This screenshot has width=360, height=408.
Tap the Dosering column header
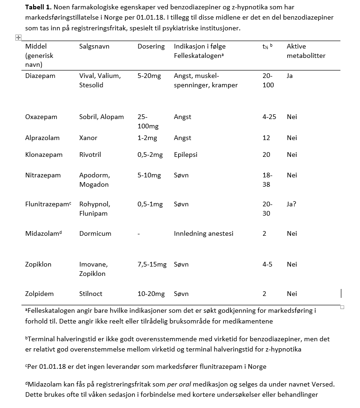(151, 46)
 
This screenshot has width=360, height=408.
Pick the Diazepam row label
(40, 76)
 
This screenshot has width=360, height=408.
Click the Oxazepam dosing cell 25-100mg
(148, 121)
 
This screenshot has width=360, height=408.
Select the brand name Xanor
(88, 138)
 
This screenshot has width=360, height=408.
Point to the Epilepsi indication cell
(186, 155)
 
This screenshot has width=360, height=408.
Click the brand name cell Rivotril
(90, 155)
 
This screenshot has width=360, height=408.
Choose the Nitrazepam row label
(43, 175)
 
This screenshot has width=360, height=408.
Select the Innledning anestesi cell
(203, 233)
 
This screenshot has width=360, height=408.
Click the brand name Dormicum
(95, 233)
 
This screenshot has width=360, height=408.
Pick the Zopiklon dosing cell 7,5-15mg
(152, 264)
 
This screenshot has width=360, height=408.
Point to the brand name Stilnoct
(91, 294)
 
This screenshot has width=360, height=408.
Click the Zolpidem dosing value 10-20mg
(151, 294)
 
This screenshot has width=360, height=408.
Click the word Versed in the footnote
(323, 384)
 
